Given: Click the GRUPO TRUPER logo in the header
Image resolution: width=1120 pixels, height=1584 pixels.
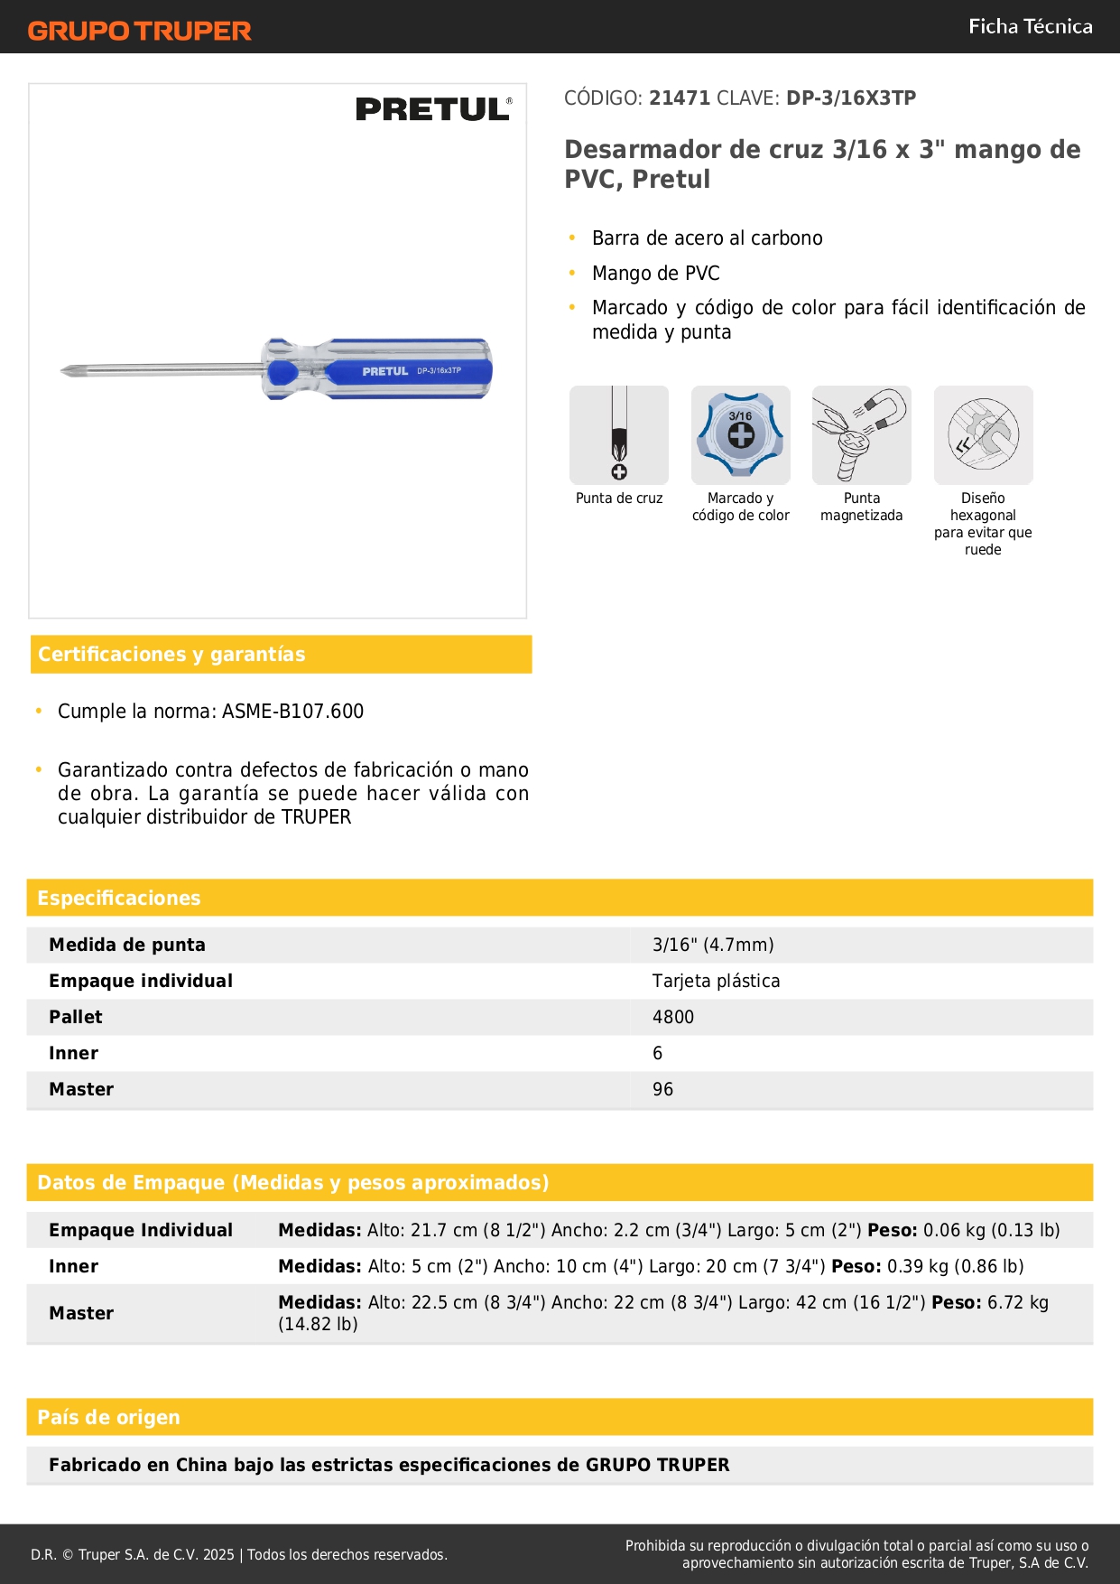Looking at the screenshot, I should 139,31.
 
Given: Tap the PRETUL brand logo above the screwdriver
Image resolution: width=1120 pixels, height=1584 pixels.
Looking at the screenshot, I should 433,109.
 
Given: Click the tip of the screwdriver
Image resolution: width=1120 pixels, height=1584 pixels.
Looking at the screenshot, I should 66,370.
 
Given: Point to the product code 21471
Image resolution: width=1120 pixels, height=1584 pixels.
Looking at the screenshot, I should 680,98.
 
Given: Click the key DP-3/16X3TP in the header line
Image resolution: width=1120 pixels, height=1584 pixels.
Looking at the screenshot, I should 851,98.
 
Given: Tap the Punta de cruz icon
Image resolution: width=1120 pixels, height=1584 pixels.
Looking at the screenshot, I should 619,435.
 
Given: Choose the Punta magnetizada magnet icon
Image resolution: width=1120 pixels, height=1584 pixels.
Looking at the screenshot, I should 861,435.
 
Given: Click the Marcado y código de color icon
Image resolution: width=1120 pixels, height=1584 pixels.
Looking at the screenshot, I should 740,435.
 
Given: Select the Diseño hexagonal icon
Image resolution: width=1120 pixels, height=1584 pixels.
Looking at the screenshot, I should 983,435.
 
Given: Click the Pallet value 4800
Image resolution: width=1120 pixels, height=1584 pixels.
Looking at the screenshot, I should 673,1017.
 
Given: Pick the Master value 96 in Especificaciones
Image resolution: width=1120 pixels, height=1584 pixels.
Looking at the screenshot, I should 662,1089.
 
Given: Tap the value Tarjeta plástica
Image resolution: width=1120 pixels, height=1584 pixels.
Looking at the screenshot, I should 716,981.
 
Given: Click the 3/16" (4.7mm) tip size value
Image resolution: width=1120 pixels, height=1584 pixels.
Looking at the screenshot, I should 713,945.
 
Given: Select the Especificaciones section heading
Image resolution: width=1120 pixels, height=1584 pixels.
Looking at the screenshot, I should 119,898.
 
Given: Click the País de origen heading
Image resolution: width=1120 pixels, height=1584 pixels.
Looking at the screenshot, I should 108,1417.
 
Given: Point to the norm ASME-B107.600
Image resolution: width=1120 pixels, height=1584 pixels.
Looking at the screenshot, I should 292,712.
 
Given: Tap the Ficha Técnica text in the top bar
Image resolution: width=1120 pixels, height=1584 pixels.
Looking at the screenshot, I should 1030,26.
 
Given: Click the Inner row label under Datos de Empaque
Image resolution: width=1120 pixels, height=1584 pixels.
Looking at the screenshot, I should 74,1266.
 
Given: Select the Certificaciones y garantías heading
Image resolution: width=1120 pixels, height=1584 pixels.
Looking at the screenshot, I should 171,654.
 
